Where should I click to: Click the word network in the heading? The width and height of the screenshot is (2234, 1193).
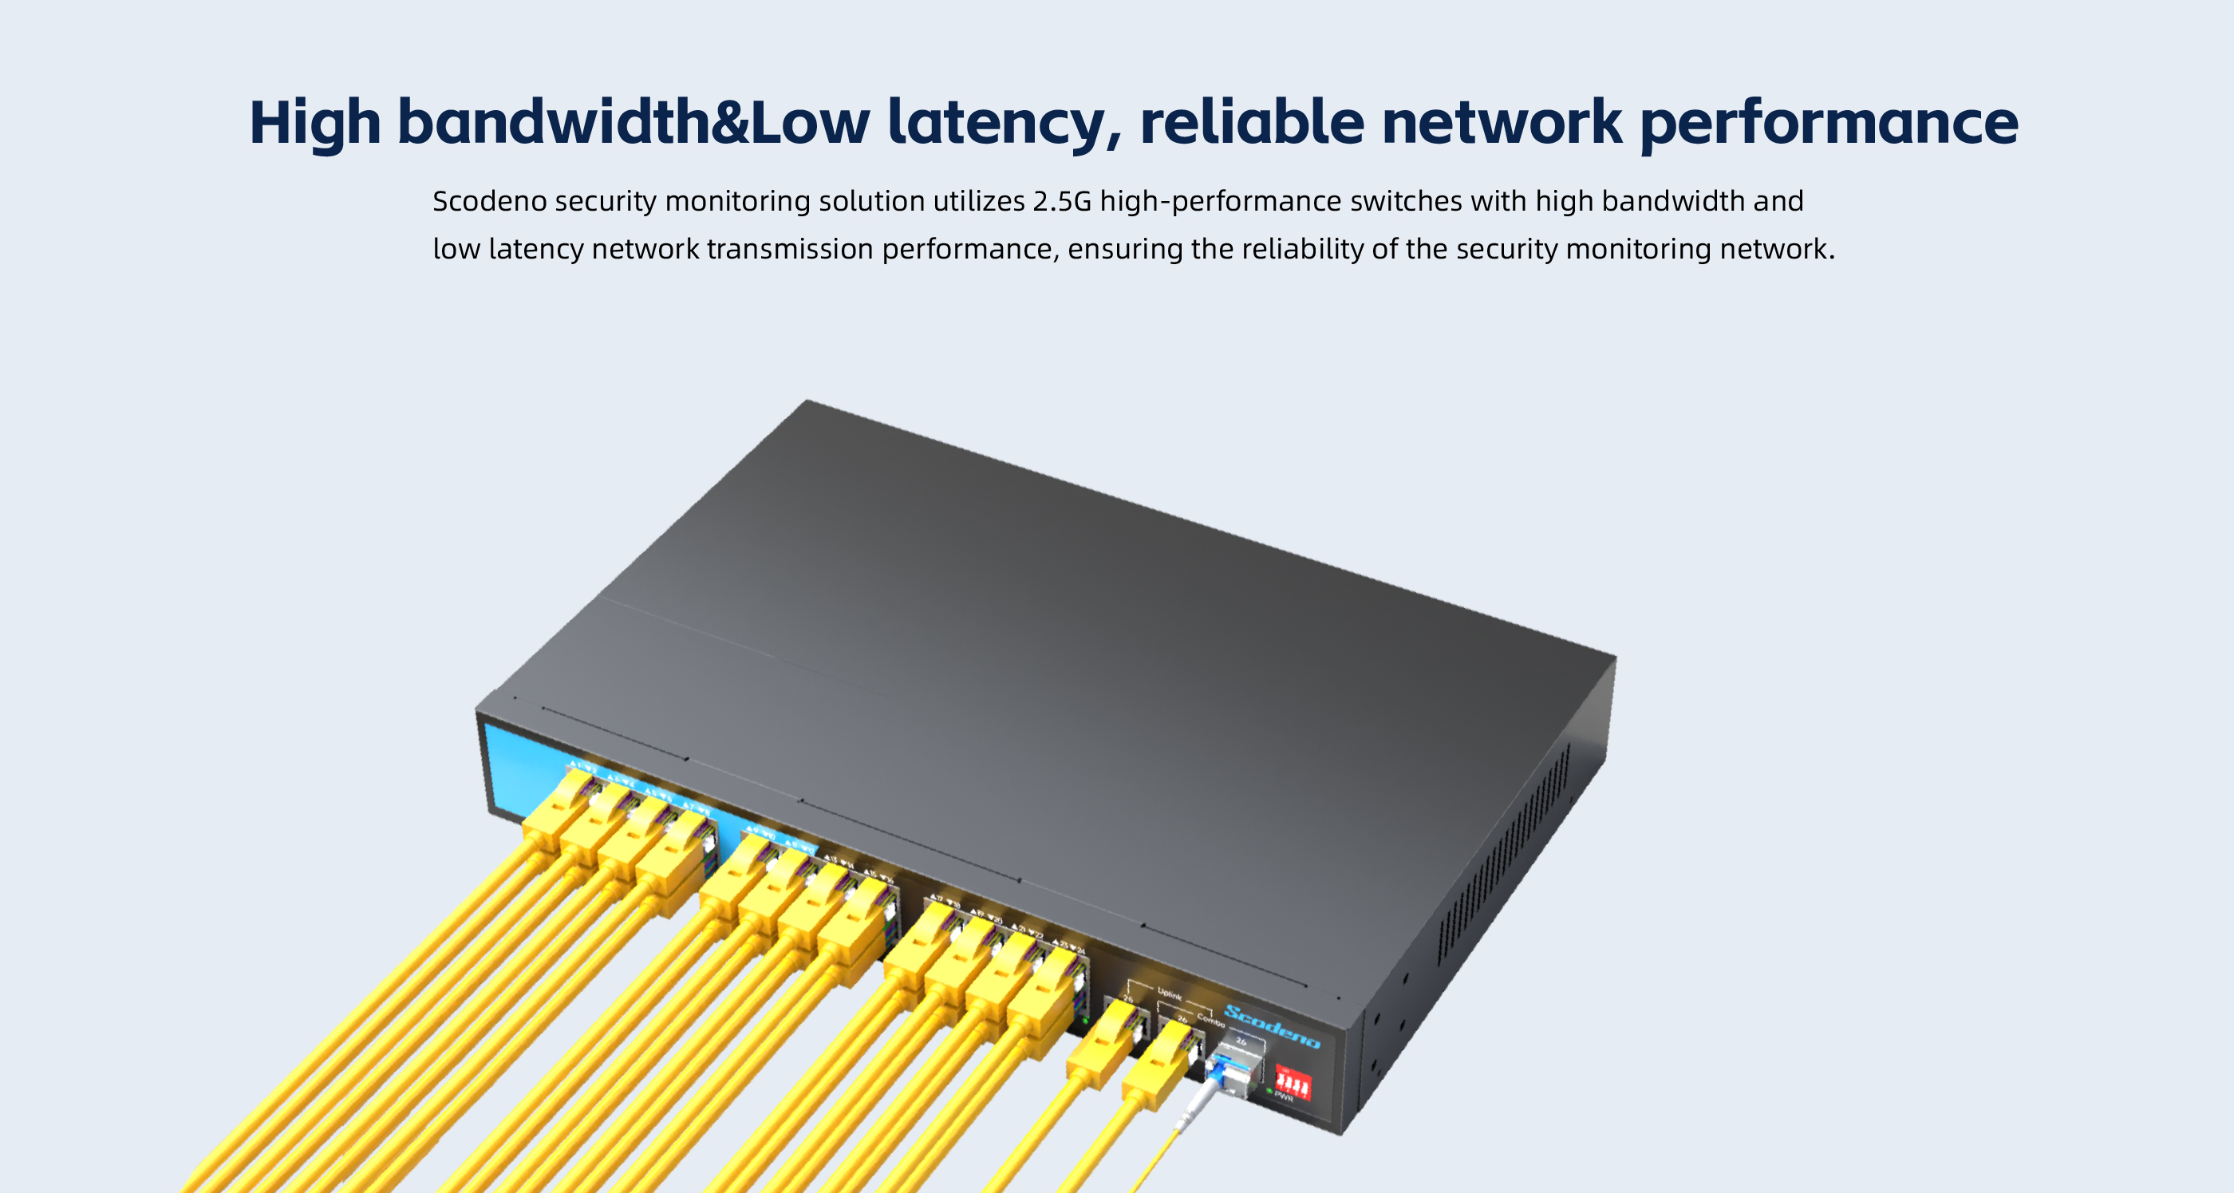(x=1500, y=122)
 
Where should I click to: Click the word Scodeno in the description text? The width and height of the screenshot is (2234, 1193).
(x=489, y=201)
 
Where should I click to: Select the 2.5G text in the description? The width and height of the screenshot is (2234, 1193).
(x=1061, y=201)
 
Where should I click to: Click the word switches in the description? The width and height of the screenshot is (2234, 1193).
(x=1406, y=201)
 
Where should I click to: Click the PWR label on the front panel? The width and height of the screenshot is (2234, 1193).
(x=1285, y=1098)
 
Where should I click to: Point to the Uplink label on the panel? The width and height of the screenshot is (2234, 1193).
(x=1170, y=995)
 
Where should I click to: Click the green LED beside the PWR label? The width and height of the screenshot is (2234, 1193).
(x=1269, y=1091)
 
